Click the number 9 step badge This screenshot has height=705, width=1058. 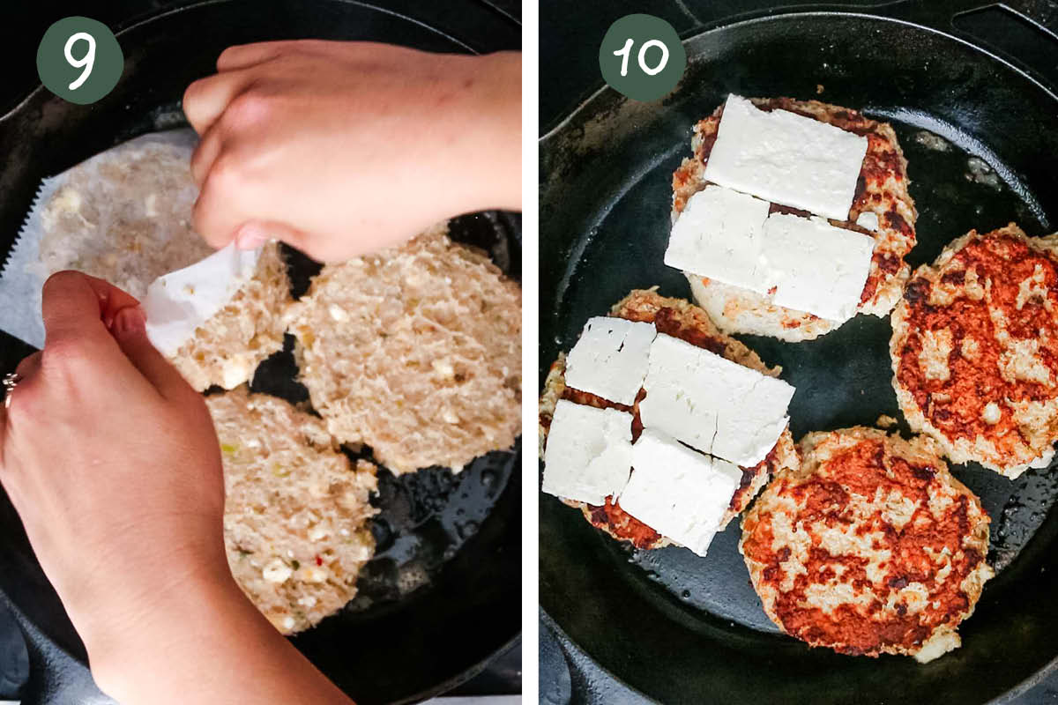(79, 60)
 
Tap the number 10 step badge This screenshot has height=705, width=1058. (642, 57)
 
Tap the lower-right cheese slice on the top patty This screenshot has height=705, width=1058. (818, 267)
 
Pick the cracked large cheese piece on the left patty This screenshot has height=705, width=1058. (716, 399)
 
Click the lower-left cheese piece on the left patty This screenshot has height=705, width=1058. (587, 452)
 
